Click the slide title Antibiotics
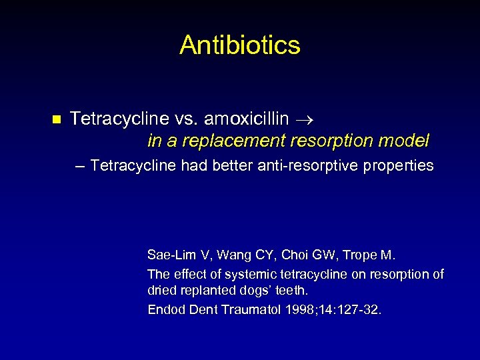240,45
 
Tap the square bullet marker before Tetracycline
56,120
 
